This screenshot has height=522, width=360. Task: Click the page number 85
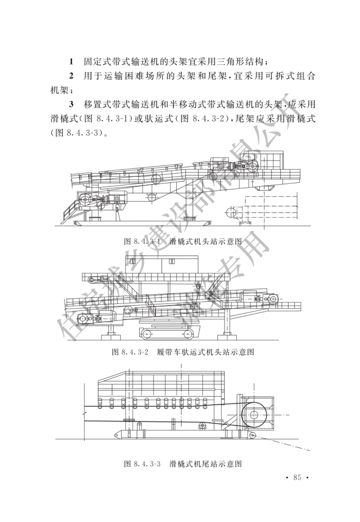pyautogui.click(x=297, y=477)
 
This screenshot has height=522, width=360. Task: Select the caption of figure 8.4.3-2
pyautogui.click(x=183, y=352)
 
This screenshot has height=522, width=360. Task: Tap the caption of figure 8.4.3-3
pyautogui.click(x=183, y=464)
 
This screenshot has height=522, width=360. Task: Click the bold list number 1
pyautogui.click(x=71, y=61)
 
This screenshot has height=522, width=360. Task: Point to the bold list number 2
pyautogui.click(x=71, y=76)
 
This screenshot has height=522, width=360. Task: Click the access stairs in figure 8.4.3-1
pyautogui.click(x=71, y=212)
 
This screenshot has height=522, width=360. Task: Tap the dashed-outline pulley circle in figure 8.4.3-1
pyautogui.click(x=231, y=213)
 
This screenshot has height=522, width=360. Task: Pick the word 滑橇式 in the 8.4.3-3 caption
pyautogui.click(x=182, y=464)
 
